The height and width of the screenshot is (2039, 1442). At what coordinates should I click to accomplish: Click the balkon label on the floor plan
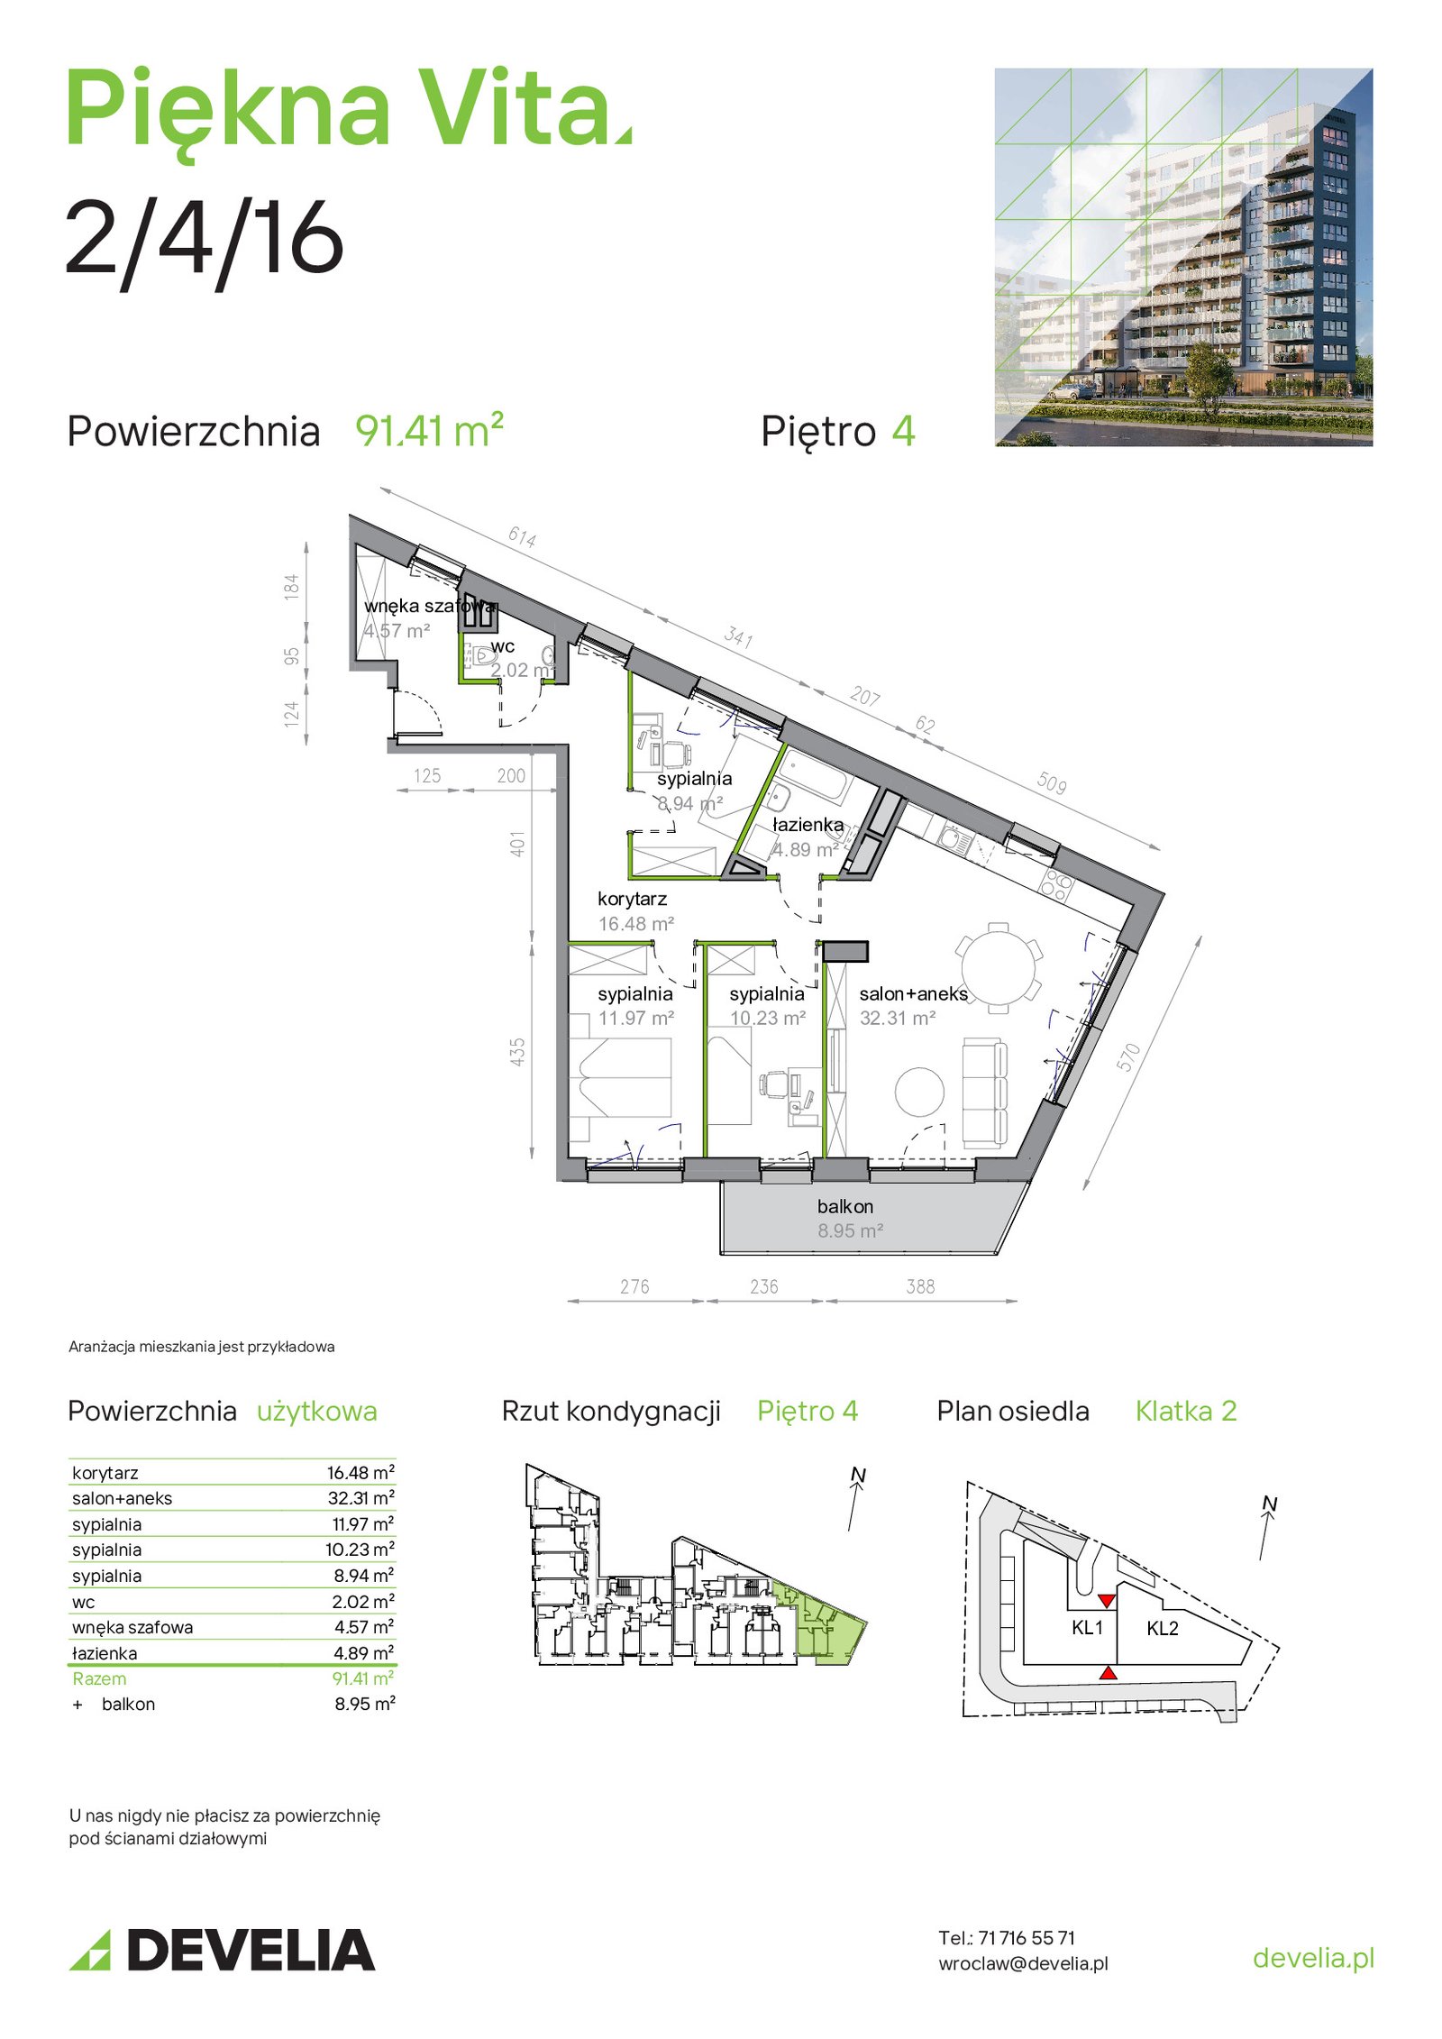844,1206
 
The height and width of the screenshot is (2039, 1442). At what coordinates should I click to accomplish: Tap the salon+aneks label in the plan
913,994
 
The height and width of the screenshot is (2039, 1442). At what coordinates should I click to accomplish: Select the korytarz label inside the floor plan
632,900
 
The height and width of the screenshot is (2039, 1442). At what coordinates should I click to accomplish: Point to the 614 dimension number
522,537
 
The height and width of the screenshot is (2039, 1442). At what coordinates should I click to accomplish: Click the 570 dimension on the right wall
1128,1056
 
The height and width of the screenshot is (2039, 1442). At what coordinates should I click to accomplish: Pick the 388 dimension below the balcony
920,1286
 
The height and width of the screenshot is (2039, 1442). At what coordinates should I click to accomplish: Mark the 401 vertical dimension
516,844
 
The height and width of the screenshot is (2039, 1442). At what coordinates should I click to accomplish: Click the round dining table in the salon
999,967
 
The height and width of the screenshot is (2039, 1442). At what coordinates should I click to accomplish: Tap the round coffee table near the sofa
919,1092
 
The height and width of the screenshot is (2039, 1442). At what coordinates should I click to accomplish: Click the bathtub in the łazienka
814,775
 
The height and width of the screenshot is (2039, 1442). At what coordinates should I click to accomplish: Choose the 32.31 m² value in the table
360,1498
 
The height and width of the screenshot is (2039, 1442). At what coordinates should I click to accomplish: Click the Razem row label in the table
99,1678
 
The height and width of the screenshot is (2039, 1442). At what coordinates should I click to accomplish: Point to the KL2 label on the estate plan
1162,1628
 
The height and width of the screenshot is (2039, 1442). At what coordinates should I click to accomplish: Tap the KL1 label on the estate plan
1087,1627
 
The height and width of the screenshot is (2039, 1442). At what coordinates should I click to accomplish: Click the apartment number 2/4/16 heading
205,238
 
